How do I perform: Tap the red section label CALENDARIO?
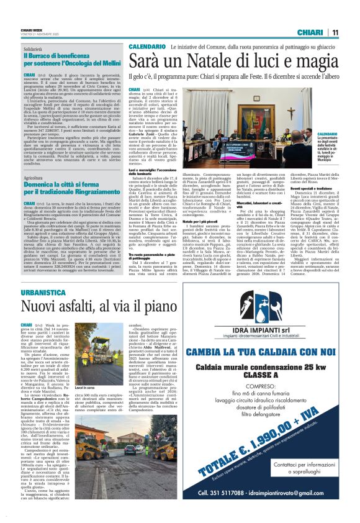148,47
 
